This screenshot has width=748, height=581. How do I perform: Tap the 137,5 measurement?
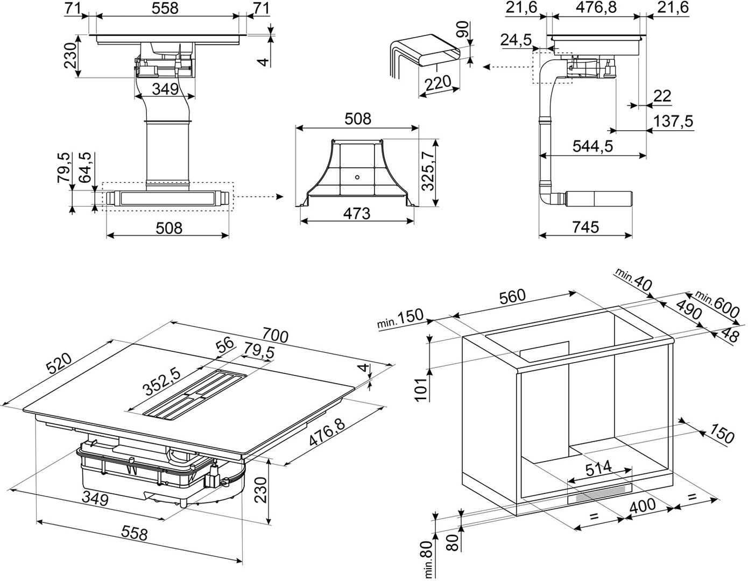[673, 122]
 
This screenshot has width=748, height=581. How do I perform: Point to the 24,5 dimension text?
[516, 40]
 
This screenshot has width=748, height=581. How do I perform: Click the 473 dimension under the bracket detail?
[356, 214]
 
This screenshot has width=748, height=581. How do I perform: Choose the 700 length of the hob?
[276, 336]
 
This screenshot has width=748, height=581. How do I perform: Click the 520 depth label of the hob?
[59, 367]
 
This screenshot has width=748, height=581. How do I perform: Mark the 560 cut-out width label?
[511, 296]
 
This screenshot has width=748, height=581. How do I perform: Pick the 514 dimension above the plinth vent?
[598, 469]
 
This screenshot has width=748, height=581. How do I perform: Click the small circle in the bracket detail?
[357, 175]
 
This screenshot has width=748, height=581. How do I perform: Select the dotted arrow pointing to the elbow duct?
[506, 67]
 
